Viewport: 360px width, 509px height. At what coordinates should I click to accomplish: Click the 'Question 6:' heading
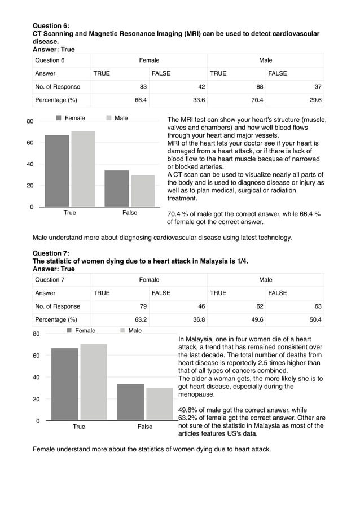[x=51, y=26]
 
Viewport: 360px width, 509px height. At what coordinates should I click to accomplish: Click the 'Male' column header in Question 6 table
[x=265, y=60]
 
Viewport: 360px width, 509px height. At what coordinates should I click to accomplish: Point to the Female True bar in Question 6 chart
[x=57, y=171]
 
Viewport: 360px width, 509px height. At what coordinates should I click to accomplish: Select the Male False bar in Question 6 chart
[x=143, y=191]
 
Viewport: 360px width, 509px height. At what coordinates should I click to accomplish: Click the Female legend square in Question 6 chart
[x=59, y=119]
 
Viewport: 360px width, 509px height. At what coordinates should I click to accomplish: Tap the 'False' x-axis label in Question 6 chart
[x=130, y=213]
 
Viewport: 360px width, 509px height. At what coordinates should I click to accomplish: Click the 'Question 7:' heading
[x=51, y=253]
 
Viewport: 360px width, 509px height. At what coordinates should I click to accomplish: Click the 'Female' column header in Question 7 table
[x=149, y=280]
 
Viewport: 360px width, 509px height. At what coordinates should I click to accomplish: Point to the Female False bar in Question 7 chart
[x=130, y=402]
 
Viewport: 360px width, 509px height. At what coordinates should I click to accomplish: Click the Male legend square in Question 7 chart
[x=122, y=331]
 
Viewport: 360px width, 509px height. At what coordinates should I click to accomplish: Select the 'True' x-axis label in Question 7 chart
[x=79, y=427]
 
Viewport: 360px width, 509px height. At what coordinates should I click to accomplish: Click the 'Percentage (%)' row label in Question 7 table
[x=56, y=320]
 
